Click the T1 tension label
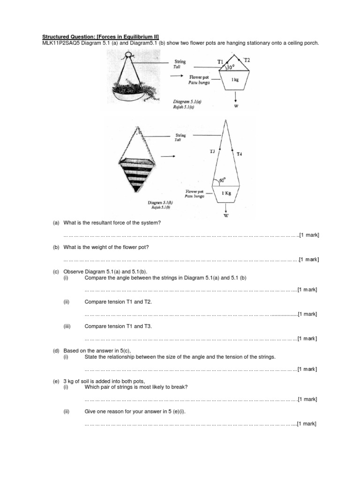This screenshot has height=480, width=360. coord(220,61)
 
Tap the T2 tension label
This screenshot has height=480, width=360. coord(247,60)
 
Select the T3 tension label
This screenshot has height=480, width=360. coord(212,151)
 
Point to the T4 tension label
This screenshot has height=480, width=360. coord(240,153)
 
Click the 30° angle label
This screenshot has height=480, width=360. coord(231,67)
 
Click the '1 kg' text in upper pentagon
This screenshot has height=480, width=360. coord(235,80)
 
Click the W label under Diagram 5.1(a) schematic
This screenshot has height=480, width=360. coord(236,106)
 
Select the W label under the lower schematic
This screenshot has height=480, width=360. coord(226,216)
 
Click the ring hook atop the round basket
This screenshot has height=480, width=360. coord(127,55)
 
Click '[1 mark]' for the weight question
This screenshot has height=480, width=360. coord(309,259)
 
